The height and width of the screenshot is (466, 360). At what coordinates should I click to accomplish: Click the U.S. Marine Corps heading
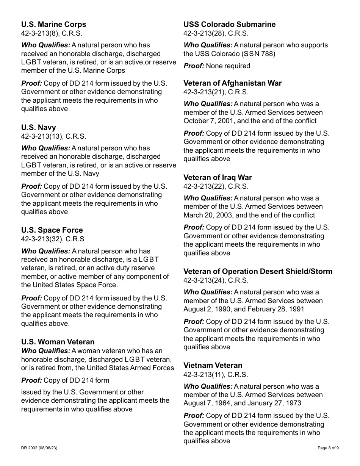(53, 24)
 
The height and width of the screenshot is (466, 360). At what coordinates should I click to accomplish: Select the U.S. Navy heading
(38, 127)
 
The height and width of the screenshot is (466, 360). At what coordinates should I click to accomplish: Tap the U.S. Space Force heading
(52, 230)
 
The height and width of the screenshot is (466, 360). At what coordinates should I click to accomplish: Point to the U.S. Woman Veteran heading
(58, 342)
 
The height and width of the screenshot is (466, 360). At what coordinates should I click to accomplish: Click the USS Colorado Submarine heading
(230, 24)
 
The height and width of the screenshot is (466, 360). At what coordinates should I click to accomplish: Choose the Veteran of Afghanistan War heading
(233, 83)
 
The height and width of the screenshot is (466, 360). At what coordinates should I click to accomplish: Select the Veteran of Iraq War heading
(218, 177)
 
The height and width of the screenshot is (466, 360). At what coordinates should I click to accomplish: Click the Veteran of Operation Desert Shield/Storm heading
(258, 271)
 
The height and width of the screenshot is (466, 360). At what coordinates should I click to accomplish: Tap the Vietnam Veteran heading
(213, 365)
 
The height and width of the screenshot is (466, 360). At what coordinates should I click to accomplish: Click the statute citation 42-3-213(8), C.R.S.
(52, 33)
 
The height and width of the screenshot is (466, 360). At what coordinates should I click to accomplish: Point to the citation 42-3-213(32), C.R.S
(53, 239)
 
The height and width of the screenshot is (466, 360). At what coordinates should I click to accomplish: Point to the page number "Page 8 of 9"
(328, 448)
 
